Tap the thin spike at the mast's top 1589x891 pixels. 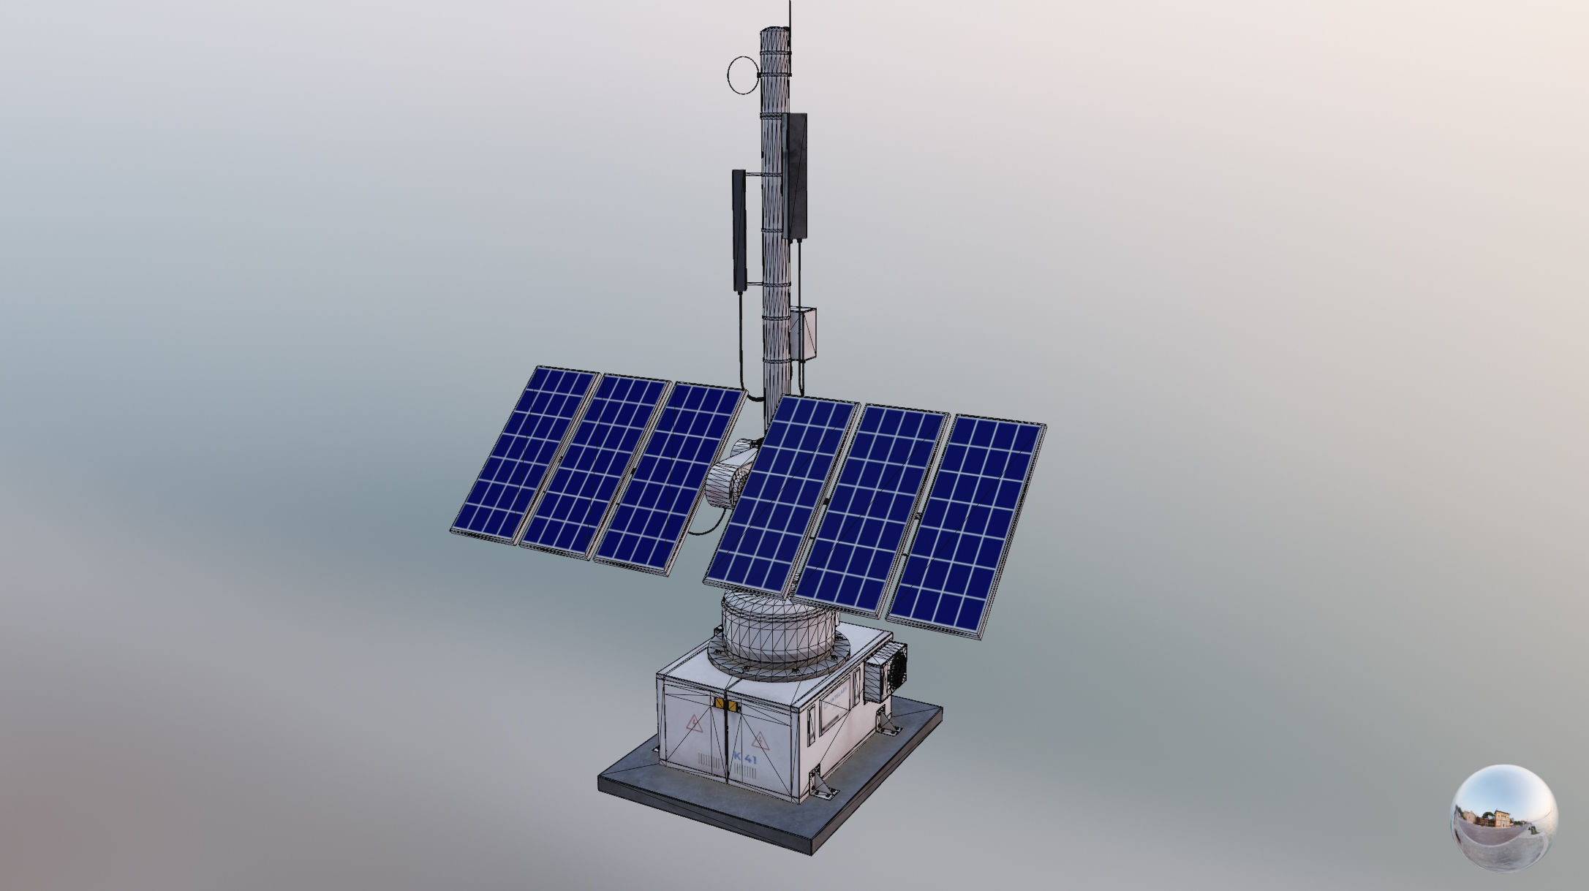pos(790,15)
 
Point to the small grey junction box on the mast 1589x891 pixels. pos(802,334)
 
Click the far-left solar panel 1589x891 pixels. pos(524,453)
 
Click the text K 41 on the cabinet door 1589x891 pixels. pos(745,759)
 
